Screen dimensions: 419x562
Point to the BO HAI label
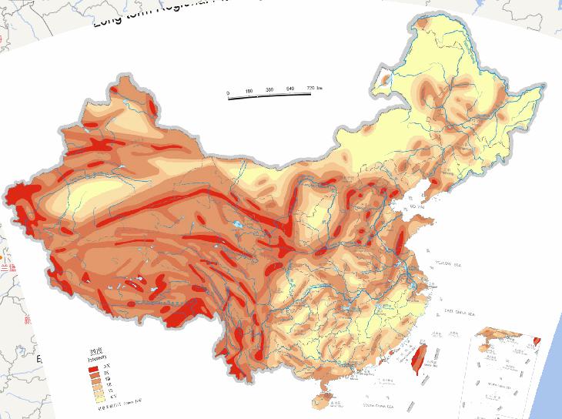pos(416,207)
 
